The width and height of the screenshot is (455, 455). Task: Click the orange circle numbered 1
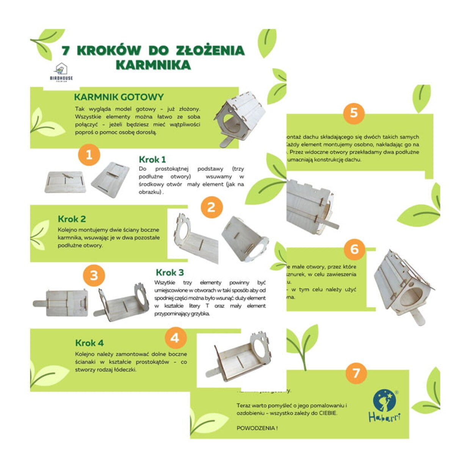pyautogui.click(x=89, y=155)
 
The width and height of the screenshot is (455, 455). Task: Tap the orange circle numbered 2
pyautogui.click(x=211, y=207)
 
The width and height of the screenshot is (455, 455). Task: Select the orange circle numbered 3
pyautogui.click(x=94, y=275)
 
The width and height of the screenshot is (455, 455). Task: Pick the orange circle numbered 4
pyautogui.click(x=175, y=337)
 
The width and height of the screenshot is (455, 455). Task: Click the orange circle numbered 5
pyautogui.click(x=354, y=113)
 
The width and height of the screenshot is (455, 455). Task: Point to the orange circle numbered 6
pyautogui.click(x=354, y=249)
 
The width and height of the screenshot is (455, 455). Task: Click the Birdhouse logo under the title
pyautogui.click(x=61, y=72)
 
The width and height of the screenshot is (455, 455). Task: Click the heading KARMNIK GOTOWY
pyautogui.click(x=119, y=97)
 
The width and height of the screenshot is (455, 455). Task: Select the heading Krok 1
pyautogui.click(x=152, y=160)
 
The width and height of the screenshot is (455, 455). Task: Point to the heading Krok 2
pyautogui.click(x=72, y=219)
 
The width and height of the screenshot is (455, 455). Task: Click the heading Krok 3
pyautogui.click(x=170, y=272)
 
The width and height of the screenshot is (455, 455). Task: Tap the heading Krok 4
pyautogui.click(x=89, y=343)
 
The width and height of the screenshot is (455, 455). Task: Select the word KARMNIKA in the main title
pyautogui.click(x=153, y=65)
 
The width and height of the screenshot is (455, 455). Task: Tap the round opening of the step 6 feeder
pyautogui.click(x=411, y=297)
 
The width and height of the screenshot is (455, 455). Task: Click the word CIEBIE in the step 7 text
pyautogui.click(x=327, y=413)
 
